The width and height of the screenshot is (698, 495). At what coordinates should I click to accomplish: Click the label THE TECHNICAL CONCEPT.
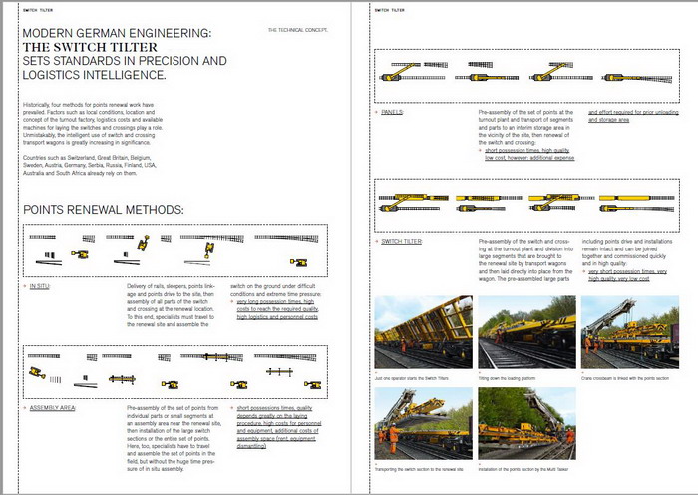[298, 31]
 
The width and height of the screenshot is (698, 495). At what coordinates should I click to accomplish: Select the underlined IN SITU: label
[40, 286]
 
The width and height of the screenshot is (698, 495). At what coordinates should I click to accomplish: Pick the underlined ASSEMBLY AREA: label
[53, 408]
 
